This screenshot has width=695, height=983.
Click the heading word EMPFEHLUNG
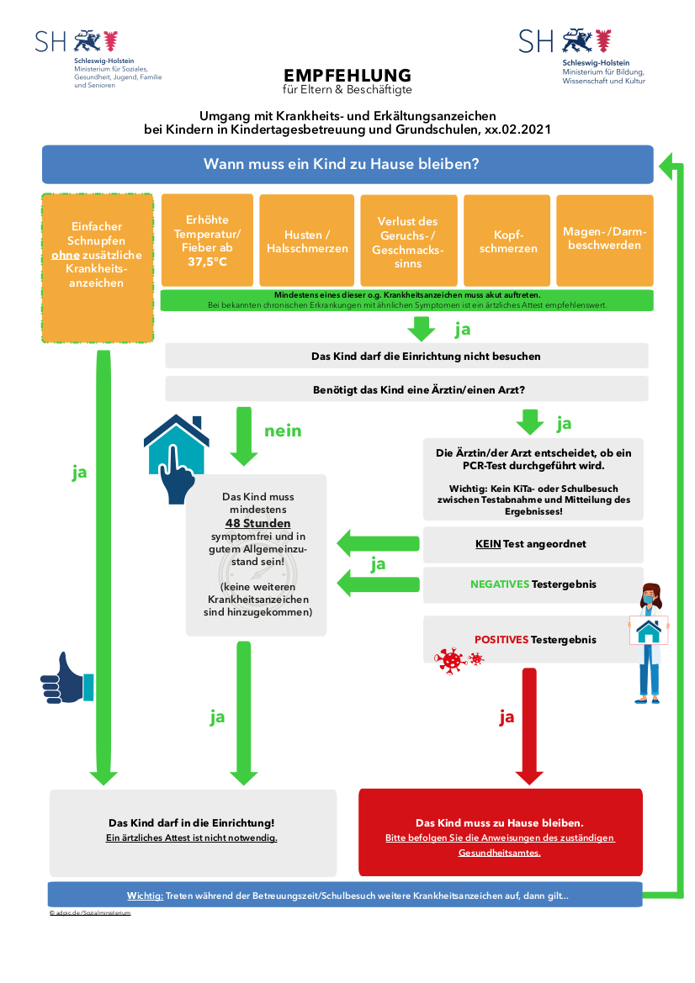coord(347,75)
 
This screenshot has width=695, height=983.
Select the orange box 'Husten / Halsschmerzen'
coord(307,240)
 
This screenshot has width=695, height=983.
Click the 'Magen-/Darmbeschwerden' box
coord(605,240)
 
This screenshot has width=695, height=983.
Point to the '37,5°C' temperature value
coord(207,262)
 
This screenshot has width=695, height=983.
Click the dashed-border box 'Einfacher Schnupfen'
coord(98,267)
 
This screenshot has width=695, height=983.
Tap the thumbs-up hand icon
coord(66,679)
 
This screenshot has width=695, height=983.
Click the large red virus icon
coord(450,661)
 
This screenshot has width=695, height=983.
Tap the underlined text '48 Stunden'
coord(257,523)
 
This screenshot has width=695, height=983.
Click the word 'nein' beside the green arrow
coord(283,431)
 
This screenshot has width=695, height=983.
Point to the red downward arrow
coord(529,726)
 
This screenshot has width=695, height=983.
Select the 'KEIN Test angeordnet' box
coord(533,544)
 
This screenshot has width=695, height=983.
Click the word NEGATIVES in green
coord(500,584)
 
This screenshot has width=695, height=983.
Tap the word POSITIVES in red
coord(501,639)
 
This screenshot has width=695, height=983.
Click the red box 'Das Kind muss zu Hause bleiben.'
coord(501,832)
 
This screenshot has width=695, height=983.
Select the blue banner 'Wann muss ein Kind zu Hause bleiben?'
coord(347,164)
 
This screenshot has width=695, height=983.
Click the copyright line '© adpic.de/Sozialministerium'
coord(90,913)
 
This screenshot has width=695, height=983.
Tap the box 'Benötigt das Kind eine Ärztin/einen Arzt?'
coord(406,388)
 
